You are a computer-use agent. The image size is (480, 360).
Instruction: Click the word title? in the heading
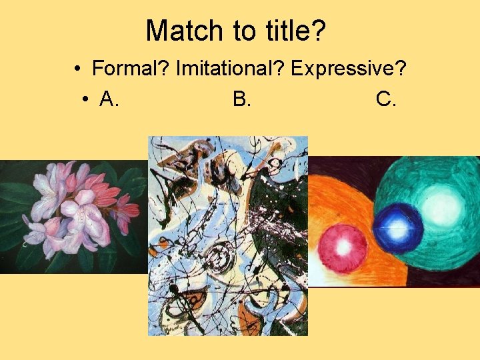click(291, 31)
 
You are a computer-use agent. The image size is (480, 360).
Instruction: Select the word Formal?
click(131, 69)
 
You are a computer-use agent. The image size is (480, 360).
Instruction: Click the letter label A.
click(109, 99)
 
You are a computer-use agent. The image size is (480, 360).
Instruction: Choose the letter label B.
click(241, 99)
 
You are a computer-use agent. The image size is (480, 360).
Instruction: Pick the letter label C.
click(386, 99)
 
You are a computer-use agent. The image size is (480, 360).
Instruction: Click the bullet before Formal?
click(78, 69)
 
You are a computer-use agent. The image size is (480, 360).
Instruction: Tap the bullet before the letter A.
click(86, 100)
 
